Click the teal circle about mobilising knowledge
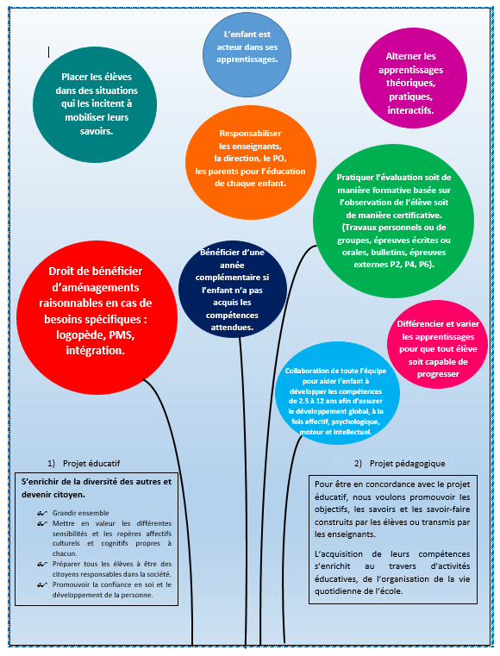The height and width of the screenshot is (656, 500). [95, 104]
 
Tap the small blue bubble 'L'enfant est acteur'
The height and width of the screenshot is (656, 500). [247, 54]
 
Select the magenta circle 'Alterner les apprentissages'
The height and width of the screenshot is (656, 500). [413, 78]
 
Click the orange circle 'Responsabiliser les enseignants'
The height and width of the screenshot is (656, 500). [251, 162]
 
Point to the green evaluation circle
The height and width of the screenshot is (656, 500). [393, 220]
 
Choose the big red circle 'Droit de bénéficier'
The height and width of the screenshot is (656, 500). [97, 317]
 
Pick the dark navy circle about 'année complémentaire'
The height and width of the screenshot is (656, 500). [233, 289]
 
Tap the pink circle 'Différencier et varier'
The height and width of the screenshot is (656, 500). [437, 344]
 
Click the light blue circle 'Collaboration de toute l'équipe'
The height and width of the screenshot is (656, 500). [337, 392]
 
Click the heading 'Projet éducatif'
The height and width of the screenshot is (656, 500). [91, 464]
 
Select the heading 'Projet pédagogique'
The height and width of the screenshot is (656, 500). [408, 464]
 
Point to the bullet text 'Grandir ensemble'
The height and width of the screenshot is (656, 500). [80, 513]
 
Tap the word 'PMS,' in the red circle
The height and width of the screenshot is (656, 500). [122, 335]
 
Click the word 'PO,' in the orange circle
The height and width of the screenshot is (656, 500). [279, 158]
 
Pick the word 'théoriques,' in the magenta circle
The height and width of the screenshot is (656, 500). [410, 83]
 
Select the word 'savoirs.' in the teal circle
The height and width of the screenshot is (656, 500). [97, 131]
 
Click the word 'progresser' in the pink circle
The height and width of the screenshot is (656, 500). [438, 374]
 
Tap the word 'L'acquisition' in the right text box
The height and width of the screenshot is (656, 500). [339, 554]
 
